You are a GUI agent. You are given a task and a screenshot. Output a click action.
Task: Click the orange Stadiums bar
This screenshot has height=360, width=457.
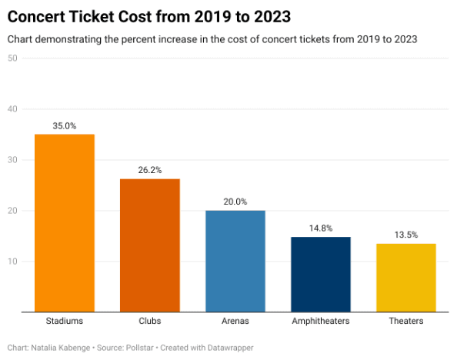pyautogui.click(x=64, y=223)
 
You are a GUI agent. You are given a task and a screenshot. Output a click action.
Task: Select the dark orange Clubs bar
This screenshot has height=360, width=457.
pyautogui.click(x=149, y=245)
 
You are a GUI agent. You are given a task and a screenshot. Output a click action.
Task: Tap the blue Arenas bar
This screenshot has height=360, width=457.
pyautogui.click(x=235, y=261)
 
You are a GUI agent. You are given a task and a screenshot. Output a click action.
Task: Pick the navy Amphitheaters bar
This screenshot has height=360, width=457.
pyautogui.click(x=321, y=274)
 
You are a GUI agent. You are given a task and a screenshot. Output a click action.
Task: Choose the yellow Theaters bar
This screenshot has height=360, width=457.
pyautogui.click(x=406, y=278)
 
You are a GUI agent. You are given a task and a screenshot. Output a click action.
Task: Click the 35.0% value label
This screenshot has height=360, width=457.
pyautogui.click(x=64, y=125)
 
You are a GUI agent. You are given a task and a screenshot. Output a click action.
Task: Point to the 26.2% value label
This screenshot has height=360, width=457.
pyautogui.click(x=149, y=170)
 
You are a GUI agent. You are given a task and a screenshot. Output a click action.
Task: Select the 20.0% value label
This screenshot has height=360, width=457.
pyautogui.click(x=235, y=202)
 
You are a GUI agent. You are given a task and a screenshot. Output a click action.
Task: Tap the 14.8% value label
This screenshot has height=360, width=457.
pyautogui.click(x=321, y=228)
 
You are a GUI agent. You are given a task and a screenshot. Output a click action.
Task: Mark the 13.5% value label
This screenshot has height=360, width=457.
pyautogui.click(x=406, y=235)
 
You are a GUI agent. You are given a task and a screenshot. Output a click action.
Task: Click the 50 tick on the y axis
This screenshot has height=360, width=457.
pyautogui.click(x=12, y=58)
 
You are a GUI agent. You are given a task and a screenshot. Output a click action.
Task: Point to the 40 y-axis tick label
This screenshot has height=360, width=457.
pyautogui.click(x=12, y=109)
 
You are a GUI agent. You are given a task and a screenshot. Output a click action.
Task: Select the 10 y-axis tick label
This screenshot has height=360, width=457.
pyautogui.click(x=12, y=262)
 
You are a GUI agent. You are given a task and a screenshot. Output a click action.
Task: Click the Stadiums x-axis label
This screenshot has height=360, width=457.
pyautogui.click(x=64, y=321)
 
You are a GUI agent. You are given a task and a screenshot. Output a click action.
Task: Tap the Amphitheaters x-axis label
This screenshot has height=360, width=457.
pyautogui.click(x=321, y=321)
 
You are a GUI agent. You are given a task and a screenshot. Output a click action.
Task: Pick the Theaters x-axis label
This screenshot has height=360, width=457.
pyautogui.click(x=406, y=321)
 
